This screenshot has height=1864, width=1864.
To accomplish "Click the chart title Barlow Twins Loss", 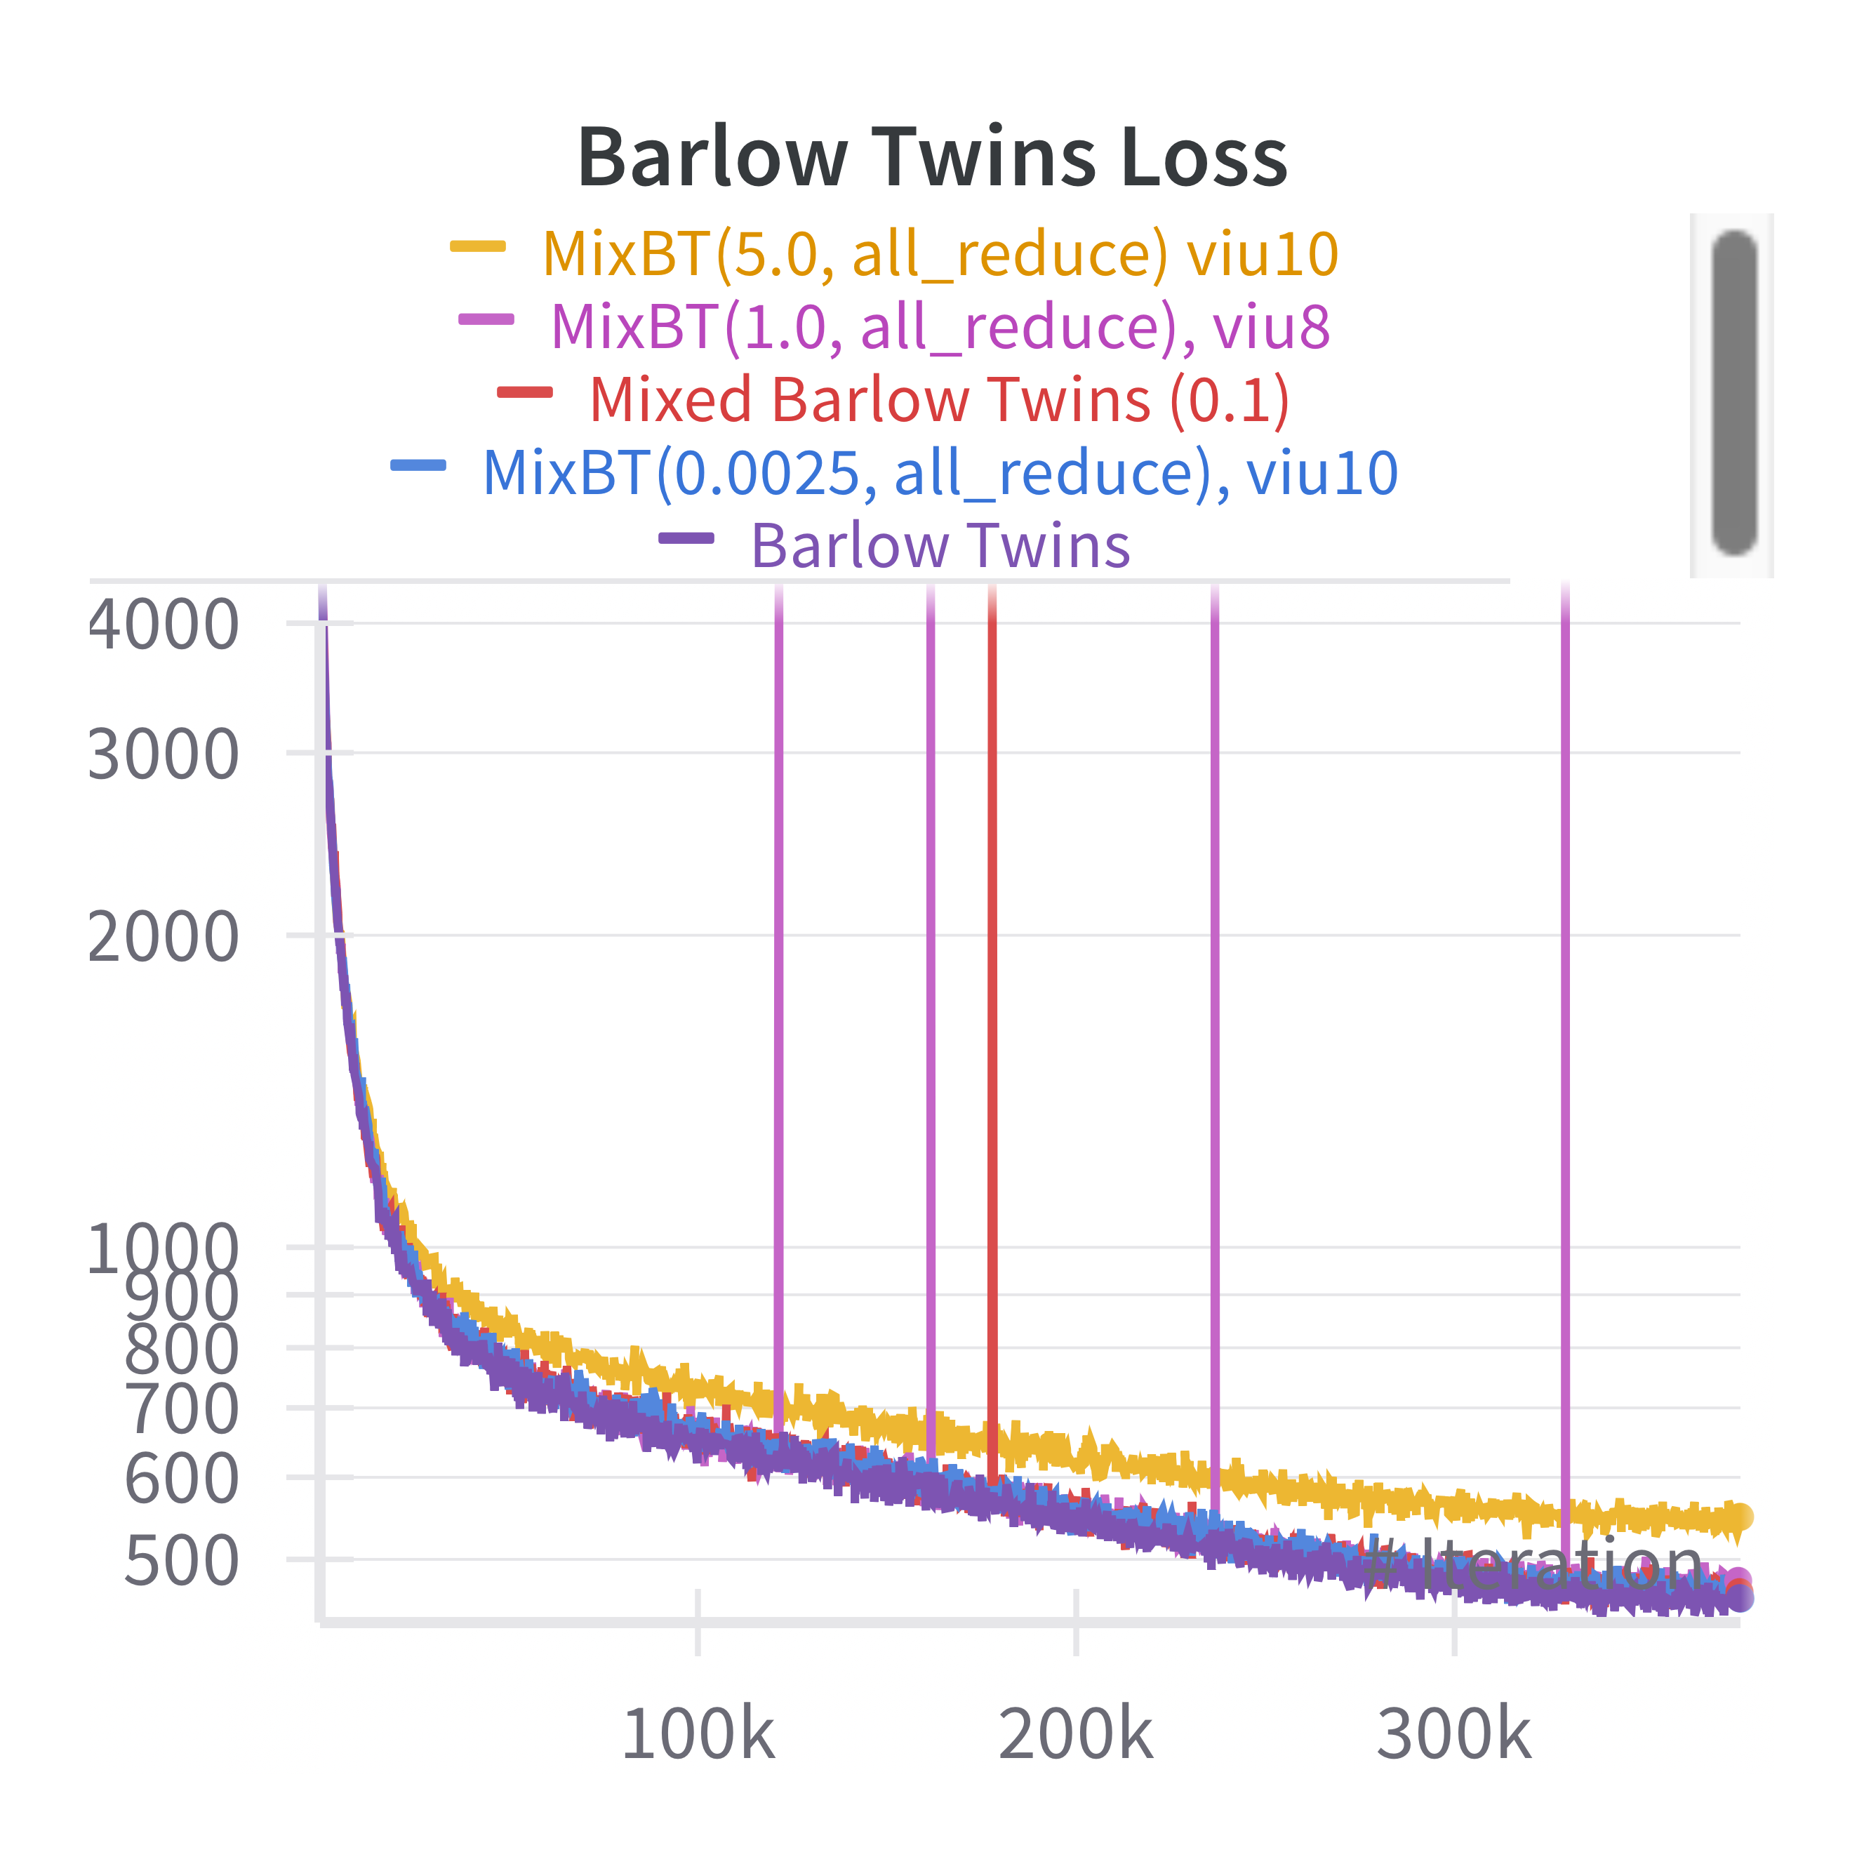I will [x=932, y=157].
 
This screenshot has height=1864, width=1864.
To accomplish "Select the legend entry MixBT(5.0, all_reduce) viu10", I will [x=940, y=254].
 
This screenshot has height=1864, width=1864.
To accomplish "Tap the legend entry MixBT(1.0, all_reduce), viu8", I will [x=940, y=326].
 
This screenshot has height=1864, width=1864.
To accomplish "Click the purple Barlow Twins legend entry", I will [x=940, y=545].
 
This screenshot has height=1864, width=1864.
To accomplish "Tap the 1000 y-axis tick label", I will [x=163, y=1249].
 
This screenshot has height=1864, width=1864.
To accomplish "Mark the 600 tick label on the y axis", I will [x=181, y=1478].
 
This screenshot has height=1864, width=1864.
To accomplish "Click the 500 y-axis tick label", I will [x=181, y=1560].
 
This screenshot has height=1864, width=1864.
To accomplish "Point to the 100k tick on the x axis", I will [x=698, y=1733].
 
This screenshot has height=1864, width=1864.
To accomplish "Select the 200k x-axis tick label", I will [x=1076, y=1733].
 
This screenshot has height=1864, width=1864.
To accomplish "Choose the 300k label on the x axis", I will [x=1454, y=1733].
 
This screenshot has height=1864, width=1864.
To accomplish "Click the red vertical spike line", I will [x=992, y=965].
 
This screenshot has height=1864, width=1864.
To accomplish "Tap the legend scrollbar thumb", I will [x=1733, y=393].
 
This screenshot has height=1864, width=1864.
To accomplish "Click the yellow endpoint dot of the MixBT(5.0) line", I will [x=1738, y=1517].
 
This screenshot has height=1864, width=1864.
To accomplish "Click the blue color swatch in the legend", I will [x=418, y=466].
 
